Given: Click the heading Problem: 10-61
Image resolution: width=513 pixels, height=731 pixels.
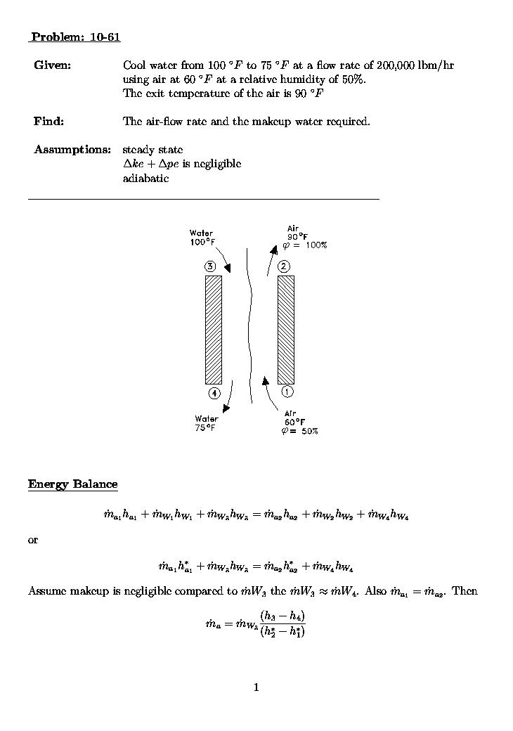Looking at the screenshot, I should tap(75, 37).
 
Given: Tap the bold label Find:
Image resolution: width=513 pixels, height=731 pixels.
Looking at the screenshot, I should tap(48, 122).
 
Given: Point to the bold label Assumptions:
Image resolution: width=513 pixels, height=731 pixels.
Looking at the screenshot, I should tap(72, 150).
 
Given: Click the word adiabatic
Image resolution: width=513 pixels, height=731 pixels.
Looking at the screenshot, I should tap(145, 178).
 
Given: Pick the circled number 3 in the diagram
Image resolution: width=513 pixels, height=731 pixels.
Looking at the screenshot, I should tap(210, 266).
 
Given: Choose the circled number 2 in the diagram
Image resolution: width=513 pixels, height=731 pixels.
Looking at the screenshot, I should tap(283, 266).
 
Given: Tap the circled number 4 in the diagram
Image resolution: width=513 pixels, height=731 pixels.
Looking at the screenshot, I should tap(214, 393).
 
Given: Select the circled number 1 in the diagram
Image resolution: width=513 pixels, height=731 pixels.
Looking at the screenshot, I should tap(287, 391).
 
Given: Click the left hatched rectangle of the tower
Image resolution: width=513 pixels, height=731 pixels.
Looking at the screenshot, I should tap(213, 329).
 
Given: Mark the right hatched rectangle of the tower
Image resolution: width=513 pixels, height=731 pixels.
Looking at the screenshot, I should tap(285, 329).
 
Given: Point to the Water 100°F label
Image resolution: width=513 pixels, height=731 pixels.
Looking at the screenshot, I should tap(201, 238).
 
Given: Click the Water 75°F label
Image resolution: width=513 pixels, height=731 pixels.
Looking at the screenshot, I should tap(206, 423).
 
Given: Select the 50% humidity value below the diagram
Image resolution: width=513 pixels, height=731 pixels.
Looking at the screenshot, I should tap(310, 431).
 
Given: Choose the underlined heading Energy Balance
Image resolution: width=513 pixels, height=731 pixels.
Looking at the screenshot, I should tap(72, 484).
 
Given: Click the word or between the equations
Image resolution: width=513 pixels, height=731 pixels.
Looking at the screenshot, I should tap(32, 541).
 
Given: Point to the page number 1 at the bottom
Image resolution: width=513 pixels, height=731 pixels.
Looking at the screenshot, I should tap(256, 687).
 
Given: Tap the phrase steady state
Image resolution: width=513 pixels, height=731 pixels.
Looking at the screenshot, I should tap(152, 150).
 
